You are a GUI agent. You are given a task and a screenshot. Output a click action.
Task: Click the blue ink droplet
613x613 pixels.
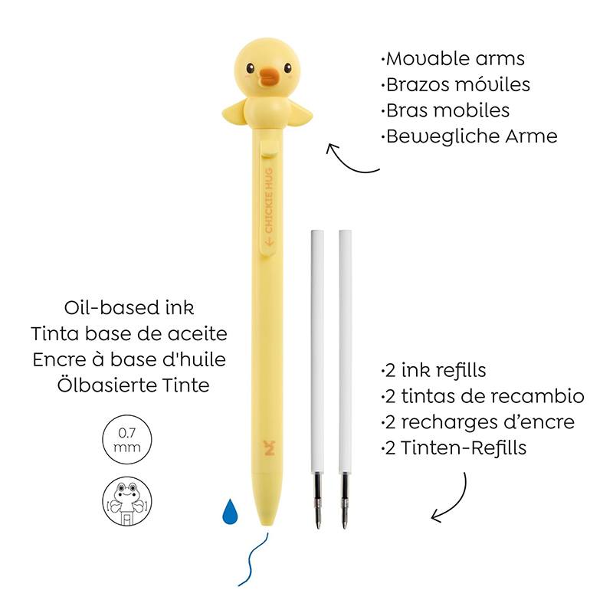coord(230,511)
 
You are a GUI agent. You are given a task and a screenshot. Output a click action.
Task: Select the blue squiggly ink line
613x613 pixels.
coord(252,560)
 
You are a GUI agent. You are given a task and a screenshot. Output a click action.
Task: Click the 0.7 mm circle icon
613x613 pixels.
coord(127,439)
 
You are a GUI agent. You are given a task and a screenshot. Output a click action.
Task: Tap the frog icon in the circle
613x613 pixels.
coord(127,501)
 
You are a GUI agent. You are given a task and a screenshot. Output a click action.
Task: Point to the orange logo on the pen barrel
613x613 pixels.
coord(270,447)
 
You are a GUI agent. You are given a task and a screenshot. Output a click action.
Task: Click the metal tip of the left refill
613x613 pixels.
coord(317,501)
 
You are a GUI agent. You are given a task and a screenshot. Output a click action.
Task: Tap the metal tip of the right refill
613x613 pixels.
coord(344,501)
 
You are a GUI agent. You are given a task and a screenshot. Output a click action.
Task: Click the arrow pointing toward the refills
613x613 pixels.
coord(454,504)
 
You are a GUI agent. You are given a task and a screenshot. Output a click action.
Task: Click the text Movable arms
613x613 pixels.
coord(453,59)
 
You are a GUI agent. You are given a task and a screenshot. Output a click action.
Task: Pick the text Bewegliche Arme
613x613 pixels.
coord(469,136)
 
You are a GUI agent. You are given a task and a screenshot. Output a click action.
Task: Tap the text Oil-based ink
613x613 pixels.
coord(129,307)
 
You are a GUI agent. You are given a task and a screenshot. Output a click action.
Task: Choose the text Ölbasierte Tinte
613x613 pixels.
coord(133,385)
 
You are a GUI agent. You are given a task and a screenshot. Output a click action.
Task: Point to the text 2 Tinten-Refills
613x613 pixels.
coord(454,447)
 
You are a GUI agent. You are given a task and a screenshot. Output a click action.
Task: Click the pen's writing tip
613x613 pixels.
coord(268,521)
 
